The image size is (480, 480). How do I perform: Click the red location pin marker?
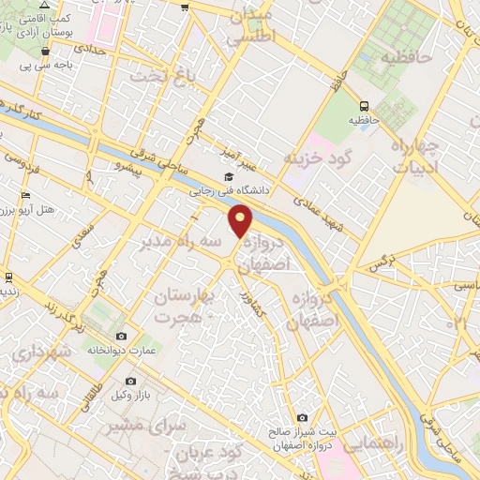242,222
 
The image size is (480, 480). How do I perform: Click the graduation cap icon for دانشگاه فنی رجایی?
229,176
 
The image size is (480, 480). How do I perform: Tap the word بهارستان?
183,297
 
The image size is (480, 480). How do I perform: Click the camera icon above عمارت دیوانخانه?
121,337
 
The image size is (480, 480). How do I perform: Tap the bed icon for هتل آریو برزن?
25,196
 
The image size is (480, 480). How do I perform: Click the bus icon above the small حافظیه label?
364,106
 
